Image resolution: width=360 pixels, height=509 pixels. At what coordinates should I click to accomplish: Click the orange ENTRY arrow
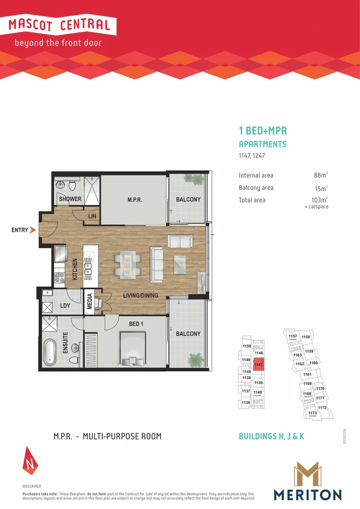(x=33, y=230)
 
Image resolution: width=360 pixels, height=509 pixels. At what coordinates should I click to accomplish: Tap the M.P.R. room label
(x=135, y=200)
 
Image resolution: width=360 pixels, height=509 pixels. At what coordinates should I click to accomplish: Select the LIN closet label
(x=92, y=216)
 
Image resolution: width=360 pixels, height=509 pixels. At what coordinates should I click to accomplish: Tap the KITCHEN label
(x=75, y=270)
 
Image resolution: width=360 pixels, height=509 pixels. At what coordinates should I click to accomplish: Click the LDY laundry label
(x=65, y=305)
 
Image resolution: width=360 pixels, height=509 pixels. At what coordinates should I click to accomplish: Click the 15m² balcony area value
(x=320, y=188)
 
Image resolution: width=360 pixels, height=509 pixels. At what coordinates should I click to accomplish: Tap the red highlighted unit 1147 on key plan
(x=259, y=364)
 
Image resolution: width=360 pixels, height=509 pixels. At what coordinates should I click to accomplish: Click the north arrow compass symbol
(x=29, y=460)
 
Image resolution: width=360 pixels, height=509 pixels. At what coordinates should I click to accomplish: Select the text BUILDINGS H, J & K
(x=271, y=436)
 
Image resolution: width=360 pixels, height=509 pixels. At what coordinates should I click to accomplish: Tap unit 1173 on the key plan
(x=312, y=413)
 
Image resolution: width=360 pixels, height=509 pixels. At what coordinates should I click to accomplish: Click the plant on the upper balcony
(x=194, y=179)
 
